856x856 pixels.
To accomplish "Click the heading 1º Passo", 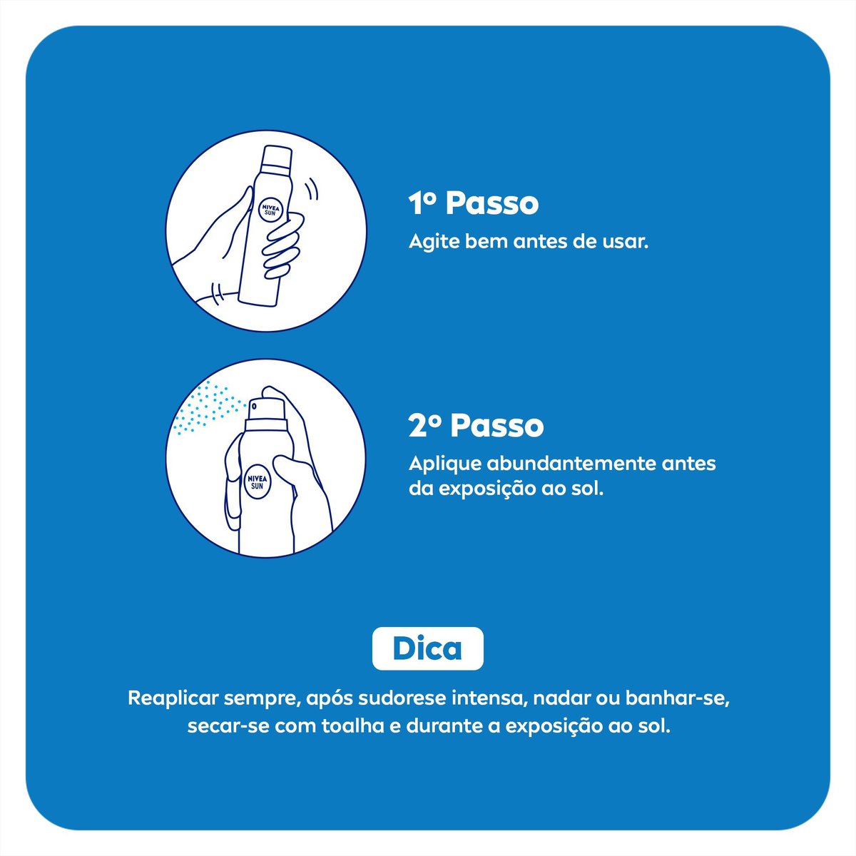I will point(474,204).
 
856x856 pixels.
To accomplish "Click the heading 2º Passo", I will point(476,427).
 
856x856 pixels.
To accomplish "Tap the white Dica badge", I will point(427,648).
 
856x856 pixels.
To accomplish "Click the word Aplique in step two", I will point(444,464).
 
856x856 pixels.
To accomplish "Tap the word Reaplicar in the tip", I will point(173,697).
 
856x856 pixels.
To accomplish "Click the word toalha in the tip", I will point(355,728).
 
